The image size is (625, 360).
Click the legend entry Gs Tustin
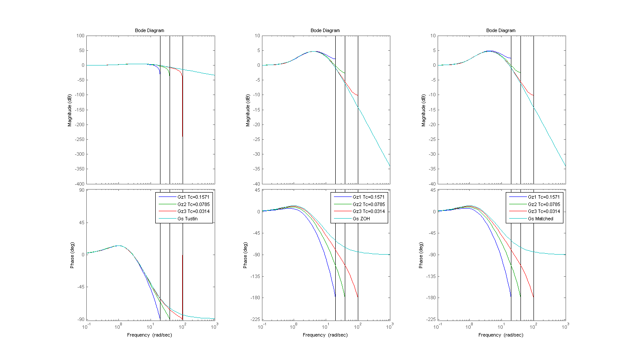(187, 219)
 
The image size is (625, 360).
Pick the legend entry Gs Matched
(540, 219)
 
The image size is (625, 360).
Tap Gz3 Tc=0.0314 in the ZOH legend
(369, 212)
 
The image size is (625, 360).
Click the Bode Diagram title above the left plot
(150, 30)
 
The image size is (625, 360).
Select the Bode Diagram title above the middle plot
(325, 30)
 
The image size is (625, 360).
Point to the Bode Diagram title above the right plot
(501, 30)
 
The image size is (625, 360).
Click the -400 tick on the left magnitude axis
(79, 184)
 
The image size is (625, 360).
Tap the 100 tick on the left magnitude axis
(81, 36)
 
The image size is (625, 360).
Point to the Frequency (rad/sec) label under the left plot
(150, 335)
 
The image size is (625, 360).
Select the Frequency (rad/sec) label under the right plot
(501, 335)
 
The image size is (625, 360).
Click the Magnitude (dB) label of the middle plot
(248, 110)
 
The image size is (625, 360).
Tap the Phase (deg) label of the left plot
(72, 255)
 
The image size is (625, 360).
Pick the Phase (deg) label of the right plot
(424, 255)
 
